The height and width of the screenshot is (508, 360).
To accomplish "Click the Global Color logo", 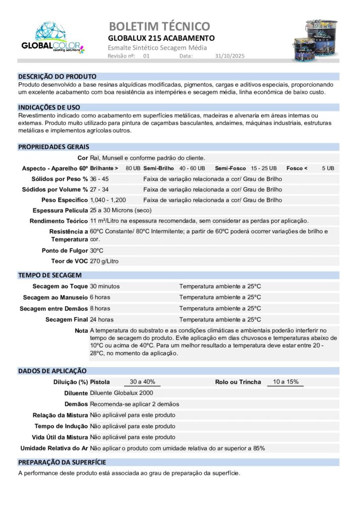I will (53, 38).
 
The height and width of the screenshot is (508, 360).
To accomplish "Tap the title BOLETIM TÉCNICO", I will (159, 26).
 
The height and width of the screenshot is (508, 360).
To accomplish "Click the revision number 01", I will (146, 56).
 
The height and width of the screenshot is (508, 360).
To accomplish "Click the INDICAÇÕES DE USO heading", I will (49, 107).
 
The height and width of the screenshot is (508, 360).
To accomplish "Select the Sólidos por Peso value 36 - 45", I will (99, 179).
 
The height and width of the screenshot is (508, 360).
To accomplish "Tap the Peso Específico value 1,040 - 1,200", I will (108, 200).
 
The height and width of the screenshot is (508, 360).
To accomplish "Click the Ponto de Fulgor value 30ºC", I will (97, 251).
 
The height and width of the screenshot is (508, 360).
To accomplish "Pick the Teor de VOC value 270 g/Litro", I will (104, 261).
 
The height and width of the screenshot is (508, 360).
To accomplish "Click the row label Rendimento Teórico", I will (59, 221).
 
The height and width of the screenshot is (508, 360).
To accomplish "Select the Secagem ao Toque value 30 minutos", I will (105, 286).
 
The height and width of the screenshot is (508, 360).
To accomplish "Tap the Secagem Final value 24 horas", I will (102, 319).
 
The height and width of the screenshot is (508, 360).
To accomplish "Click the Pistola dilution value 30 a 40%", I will (142, 382).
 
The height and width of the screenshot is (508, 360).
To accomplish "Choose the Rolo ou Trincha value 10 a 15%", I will (286, 382).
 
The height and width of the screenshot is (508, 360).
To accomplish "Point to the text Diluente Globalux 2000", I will (122, 393).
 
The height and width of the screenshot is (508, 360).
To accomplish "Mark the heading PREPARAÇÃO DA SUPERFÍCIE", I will (62, 462).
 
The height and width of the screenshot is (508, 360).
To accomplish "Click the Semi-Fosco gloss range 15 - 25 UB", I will (264, 168).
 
